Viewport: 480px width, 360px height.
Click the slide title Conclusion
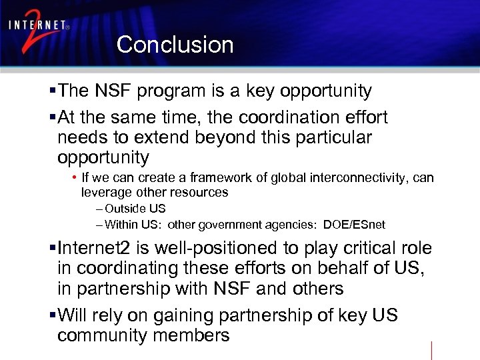[x=175, y=45]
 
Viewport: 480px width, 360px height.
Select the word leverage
[x=103, y=193]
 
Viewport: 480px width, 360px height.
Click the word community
[x=103, y=335]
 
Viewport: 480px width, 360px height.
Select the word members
[x=191, y=335]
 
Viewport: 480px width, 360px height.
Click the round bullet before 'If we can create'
[x=75, y=178]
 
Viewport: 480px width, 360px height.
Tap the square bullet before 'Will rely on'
[x=53, y=315]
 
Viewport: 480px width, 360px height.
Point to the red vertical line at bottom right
[x=431, y=350]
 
